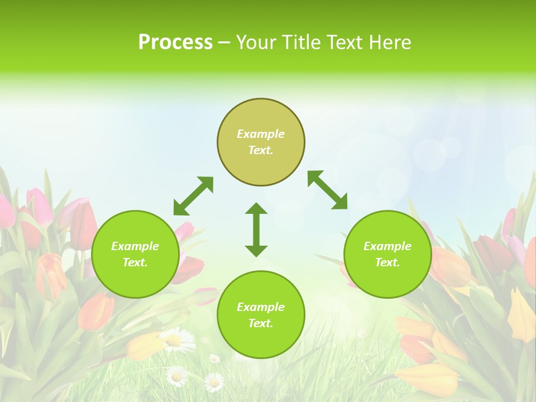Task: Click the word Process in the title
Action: [x=175, y=42]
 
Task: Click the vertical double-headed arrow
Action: [x=256, y=229]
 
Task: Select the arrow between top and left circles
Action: [x=193, y=196]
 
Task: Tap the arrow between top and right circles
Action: [x=328, y=190]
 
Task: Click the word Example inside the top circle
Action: [x=261, y=134]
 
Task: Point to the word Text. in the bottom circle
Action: [x=261, y=323]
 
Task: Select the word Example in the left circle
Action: [x=135, y=246]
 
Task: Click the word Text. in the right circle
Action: [x=387, y=262]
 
